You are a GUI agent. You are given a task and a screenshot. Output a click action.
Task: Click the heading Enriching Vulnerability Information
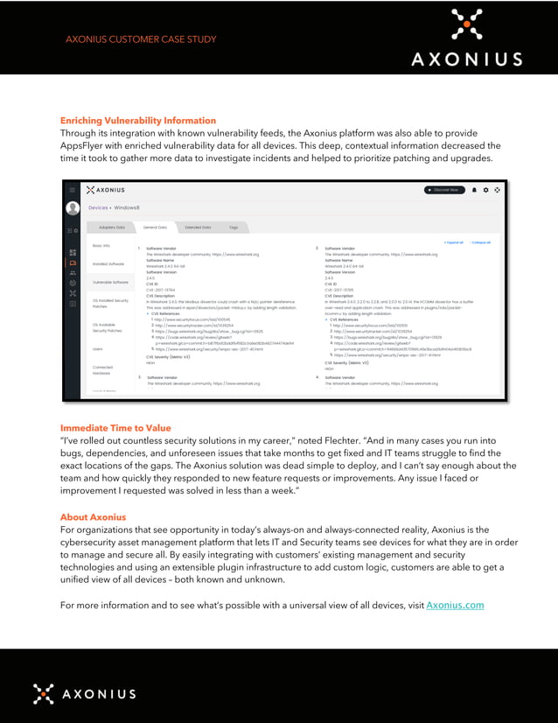137,120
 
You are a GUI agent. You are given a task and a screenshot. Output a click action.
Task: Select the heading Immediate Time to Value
115,427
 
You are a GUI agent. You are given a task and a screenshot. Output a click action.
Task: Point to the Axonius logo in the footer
84,693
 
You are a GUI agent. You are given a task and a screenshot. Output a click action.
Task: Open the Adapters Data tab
111,228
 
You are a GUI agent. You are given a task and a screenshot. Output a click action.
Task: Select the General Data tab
155,228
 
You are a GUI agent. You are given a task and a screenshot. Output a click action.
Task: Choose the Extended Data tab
198,228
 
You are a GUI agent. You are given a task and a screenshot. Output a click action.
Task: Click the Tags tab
234,228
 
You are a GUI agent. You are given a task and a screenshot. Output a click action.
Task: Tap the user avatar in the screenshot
73,208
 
